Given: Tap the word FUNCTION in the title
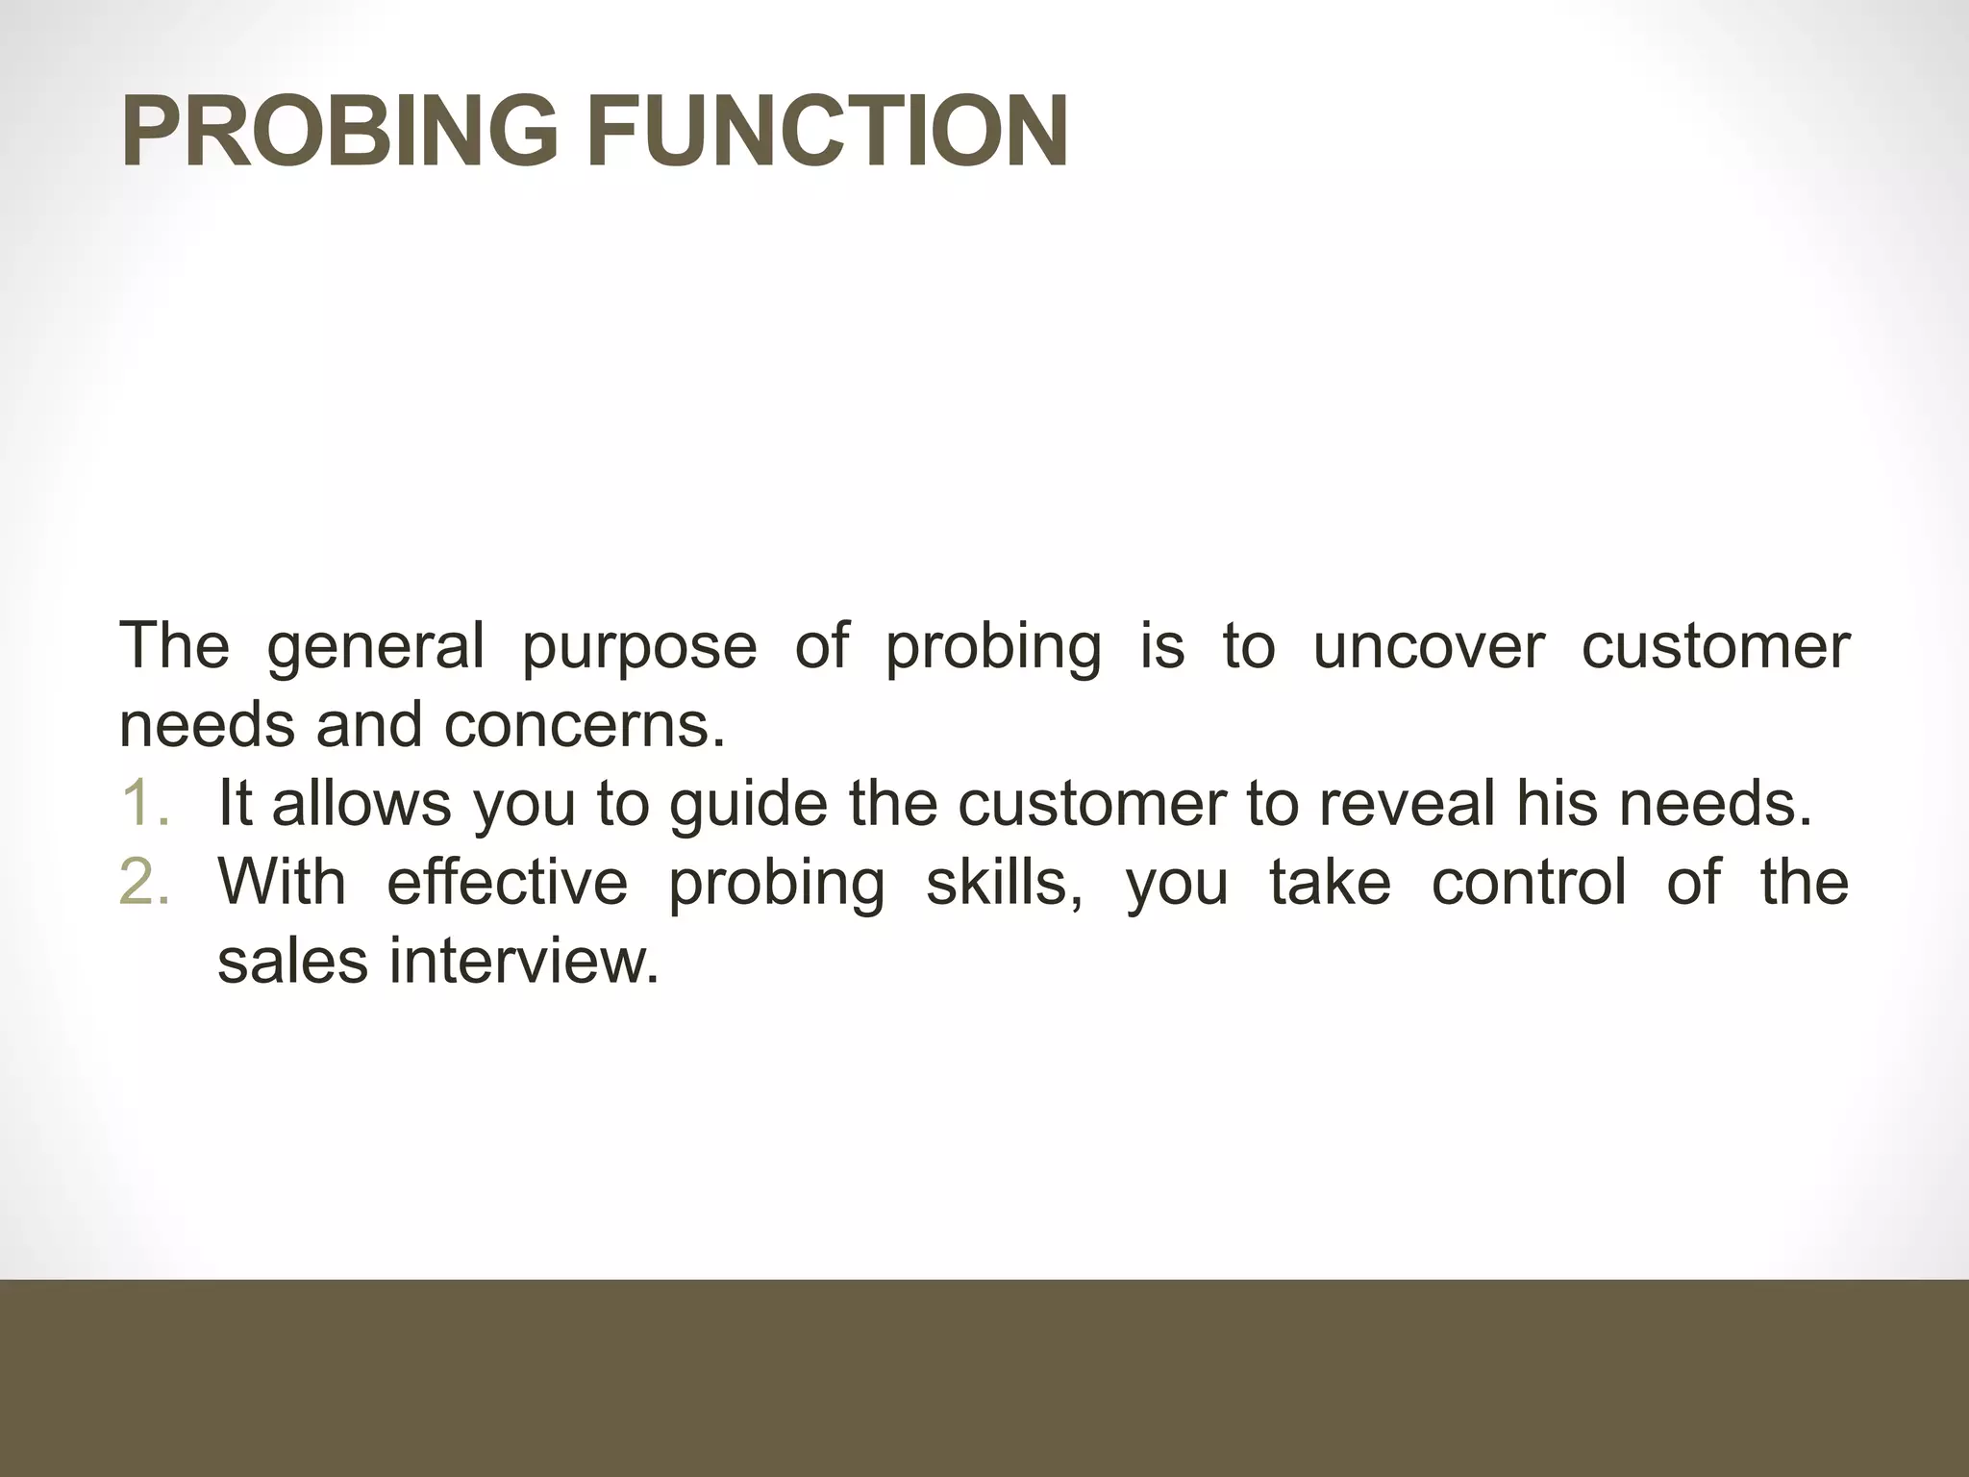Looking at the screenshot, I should (828, 132).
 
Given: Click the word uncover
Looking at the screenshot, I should (1428, 646).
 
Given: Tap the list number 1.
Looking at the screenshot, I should (145, 804).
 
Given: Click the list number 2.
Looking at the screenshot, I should (145, 882).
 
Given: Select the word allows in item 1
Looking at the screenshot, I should (361, 803).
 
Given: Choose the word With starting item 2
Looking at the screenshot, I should (282, 882).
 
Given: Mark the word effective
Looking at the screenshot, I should (507, 882).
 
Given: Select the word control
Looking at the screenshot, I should (1529, 882).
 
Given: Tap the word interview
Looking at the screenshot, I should (523, 961).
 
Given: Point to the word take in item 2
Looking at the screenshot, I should (1330, 882).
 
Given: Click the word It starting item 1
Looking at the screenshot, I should (235, 803).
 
